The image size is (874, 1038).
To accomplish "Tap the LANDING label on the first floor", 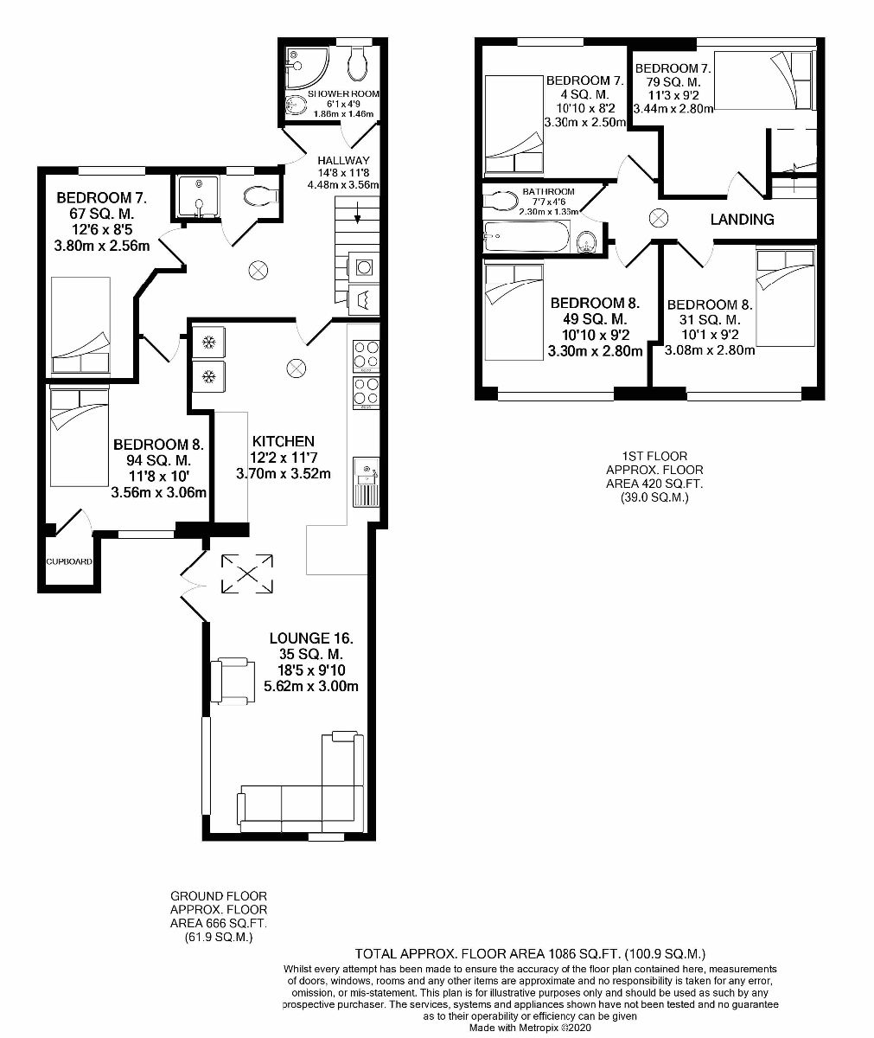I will (x=742, y=220).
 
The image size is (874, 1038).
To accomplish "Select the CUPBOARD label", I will (x=69, y=561).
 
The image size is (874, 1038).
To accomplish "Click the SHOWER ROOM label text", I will (x=343, y=93).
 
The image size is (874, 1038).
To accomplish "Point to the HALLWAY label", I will (x=343, y=160).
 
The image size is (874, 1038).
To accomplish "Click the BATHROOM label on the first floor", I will (x=548, y=191).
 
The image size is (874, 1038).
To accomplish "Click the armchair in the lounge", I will (x=234, y=680).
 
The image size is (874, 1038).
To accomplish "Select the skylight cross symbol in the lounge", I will (x=247, y=573).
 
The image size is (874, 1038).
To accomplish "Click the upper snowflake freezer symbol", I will (x=207, y=343).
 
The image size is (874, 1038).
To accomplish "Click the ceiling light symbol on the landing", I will (x=658, y=218).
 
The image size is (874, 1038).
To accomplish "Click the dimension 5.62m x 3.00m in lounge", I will (x=311, y=687).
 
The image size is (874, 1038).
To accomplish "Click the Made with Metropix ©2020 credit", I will (x=529, y=1028).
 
